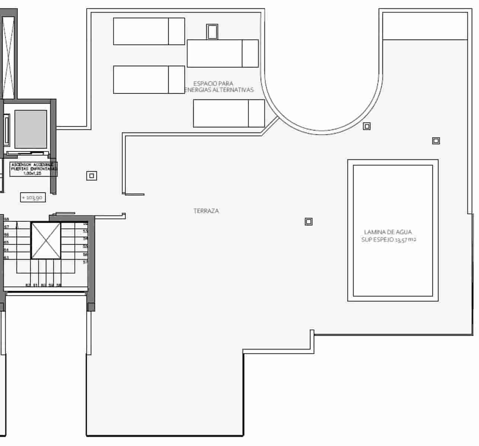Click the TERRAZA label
click(x=206, y=211)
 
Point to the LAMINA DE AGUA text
click(x=388, y=232)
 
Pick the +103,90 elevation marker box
click(x=33, y=198)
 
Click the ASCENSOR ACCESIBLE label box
click(x=33, y=168)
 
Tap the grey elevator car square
click(x=31, y=129)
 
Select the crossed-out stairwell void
click(x=46, y=240)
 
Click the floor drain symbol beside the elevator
click(x=92, y=175)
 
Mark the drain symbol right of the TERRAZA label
click(x=309, y=222)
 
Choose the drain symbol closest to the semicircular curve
click(x=367, y=126)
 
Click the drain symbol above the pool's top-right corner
click(x=436, y=141)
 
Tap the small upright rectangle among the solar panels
click(x=212, y=32)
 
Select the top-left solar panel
click(x=149, y=31)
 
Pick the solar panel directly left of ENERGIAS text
click(x=149, y=80)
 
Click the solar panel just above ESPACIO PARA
click(x=223, y=54)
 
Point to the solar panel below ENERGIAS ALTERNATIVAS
click(x=229, y=113)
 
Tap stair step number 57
click(x=85, y=262)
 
